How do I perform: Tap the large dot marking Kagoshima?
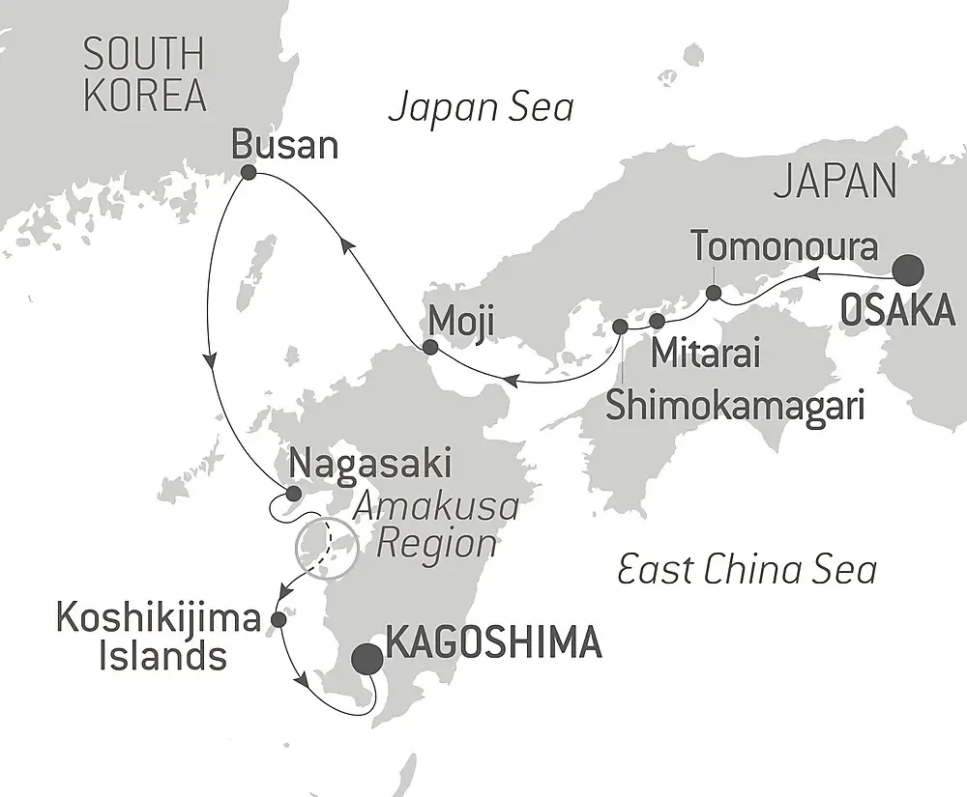pos(366,660)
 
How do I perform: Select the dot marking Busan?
pos(248,173)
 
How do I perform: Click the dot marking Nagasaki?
pos(294,493)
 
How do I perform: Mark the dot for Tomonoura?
pos(713,293)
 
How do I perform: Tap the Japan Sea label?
pos(481,107)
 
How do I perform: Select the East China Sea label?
pos(747,570)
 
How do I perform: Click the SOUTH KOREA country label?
pos(144,75)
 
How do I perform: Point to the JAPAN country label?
pos(835,181)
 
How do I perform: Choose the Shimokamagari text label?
pos(735,404)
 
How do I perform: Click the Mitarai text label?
pos(705,354)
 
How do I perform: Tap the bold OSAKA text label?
pos(897,312)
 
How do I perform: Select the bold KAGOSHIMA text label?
pos(493,641)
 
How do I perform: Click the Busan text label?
pos(285,145)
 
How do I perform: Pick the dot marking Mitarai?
pos(658,320)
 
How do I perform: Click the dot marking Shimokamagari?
pos(620,327)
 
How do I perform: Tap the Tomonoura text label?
pos(784,247)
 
